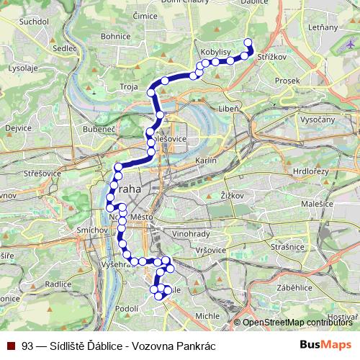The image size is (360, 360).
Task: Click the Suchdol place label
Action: pyautogui.click(x=34, y=22)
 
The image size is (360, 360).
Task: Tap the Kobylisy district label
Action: pyautogui.click(x=215, y=53)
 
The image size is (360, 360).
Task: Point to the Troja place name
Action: pyautogui.click(x=128, y=86)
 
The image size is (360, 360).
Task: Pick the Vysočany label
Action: pyautogui.click(x=317, y=118)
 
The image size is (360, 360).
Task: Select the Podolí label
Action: pyautogui.click(x=127, y=308)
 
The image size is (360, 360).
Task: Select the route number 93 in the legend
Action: pyautogui.click(x=27, y=345)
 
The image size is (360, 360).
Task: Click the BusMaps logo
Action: pyautogui.click(x=325, y=344)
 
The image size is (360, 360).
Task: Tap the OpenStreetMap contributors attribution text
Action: pyautogui.click(x=297, y=323)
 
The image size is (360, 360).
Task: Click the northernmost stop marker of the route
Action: pyautogui.click(x=248, y=42)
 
